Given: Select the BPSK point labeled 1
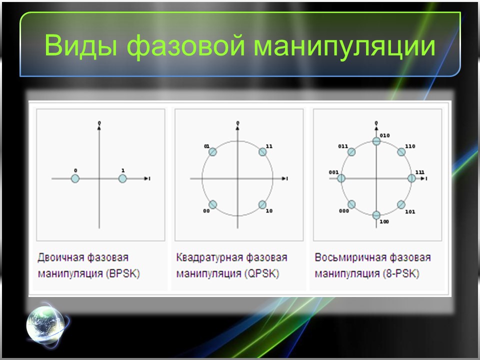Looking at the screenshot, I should [x=122, y=178].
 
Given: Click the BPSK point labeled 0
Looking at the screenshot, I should [x=75, y=178].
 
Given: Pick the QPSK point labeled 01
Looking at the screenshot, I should [x=212, y=152].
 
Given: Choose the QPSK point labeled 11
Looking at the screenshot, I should [x=262, y=152].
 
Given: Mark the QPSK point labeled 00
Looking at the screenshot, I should [x=212, y=204].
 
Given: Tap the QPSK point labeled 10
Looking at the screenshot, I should [x=262, y=204].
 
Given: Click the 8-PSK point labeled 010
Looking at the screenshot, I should [x=376, y=141].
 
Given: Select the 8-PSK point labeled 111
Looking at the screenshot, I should [x=412, y=178].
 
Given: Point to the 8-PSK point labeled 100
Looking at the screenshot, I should [x=376, y=214].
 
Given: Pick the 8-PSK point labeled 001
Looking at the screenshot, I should [x=341, y=178].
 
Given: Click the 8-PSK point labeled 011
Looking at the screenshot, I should [x=351, y=152].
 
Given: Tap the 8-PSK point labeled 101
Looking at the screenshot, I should [x=401, y=204].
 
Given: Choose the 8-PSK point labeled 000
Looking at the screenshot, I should [x=351, y=204].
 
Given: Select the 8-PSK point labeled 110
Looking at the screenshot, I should [x=401, y=152].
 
